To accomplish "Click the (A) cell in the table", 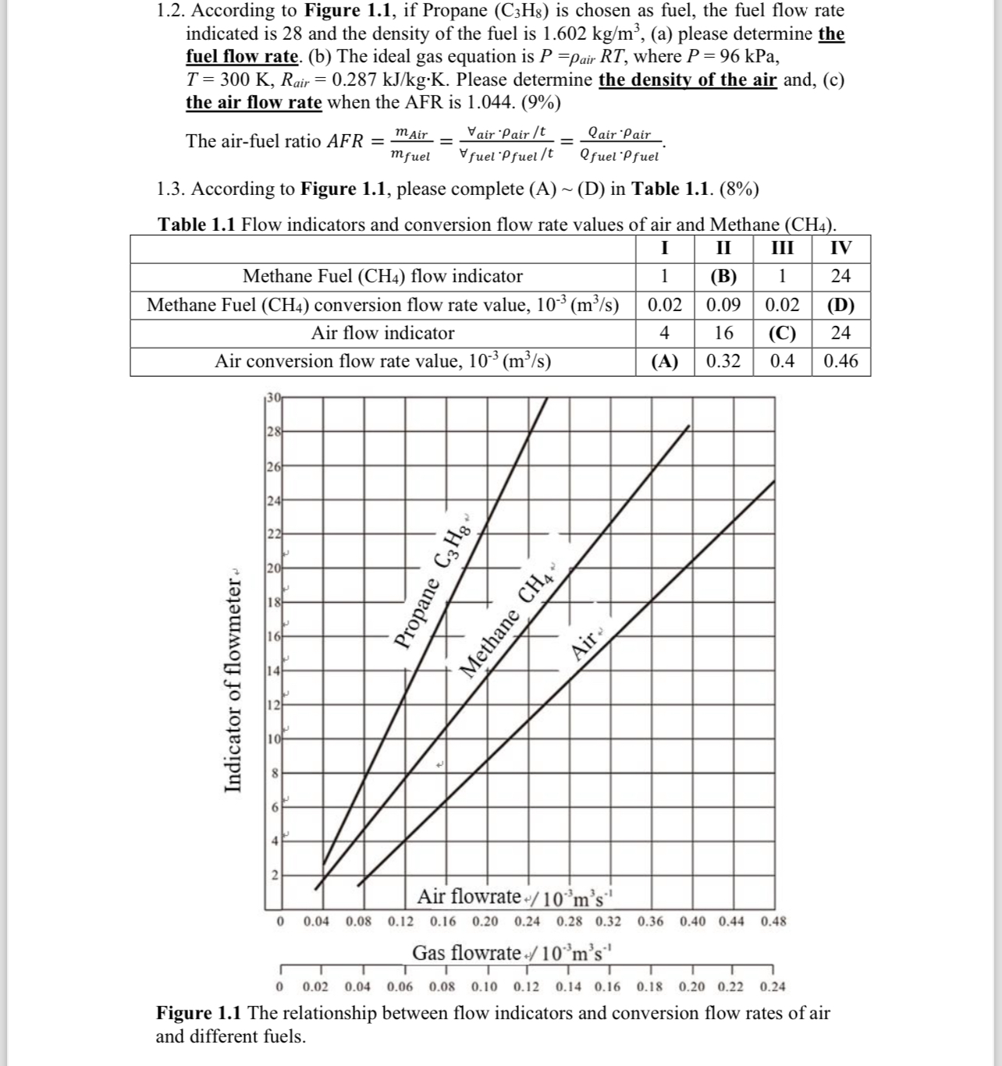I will (x=665, y=362).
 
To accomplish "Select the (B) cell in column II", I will (x=723, y=276).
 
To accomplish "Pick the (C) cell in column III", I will (x=782, y=334).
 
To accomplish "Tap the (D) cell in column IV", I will (x=840, y=305).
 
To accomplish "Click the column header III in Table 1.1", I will (x=782, y=249).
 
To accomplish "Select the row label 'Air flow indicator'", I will (x=382, y=334).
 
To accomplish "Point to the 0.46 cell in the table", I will (x=840, y=362).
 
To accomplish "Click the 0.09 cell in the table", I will (x=723, y=305).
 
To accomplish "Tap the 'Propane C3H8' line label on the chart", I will (x=434, y=584).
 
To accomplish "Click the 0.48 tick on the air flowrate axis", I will (x=773, y=922).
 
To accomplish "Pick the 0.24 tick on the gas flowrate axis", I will (x=773, y=987).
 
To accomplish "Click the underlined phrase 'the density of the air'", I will (x=688, y=80).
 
